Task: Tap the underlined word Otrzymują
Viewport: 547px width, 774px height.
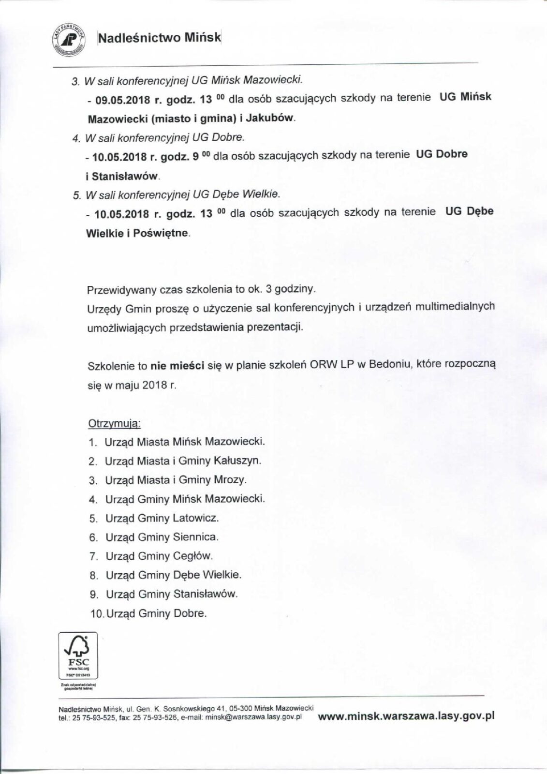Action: click(114, 424)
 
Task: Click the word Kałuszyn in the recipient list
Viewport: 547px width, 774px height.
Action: click(237, 461)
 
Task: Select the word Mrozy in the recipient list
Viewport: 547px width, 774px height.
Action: click(230, 480)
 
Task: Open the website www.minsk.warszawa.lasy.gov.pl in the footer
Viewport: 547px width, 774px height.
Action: click(406, 716)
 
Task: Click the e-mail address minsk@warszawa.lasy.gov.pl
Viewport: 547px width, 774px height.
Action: click(254, 718)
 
